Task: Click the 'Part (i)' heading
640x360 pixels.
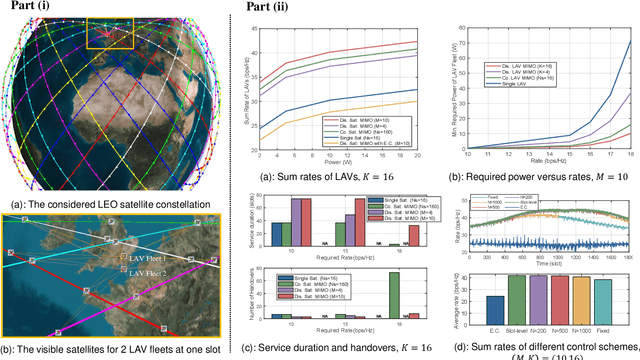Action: coord(28,10)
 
